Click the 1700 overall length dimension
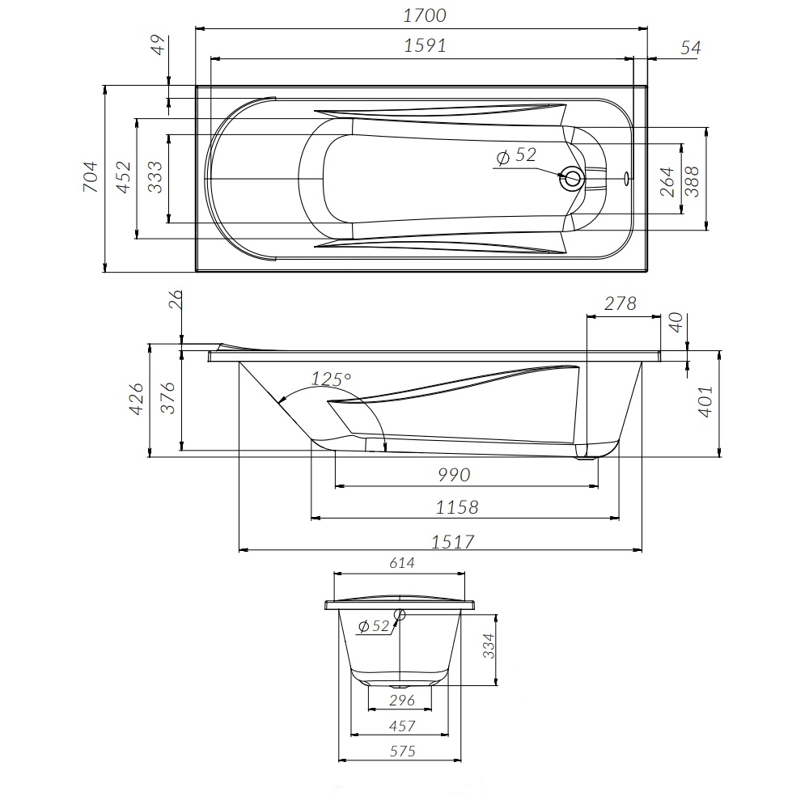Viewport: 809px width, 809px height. pyautogui.click(x=424, y=15)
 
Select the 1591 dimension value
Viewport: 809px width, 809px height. pyautogui.click(x=424, y=46)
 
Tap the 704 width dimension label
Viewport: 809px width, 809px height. pyautogui.click(x=91, y=177)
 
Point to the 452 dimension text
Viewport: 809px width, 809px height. pyautogui.click(x=123, y=177)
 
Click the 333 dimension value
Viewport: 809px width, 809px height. pyautogui.click(x=155, y=177)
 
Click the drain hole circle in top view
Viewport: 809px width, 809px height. pyautogui.click(x=572, y=178)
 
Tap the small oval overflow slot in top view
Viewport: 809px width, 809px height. pyautogui.click(x=626, y=177)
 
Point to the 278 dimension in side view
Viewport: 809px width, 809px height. pyautogui.click(x=621, y=304)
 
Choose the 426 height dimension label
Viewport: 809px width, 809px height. pyautogui.click(x=137, y=400)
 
